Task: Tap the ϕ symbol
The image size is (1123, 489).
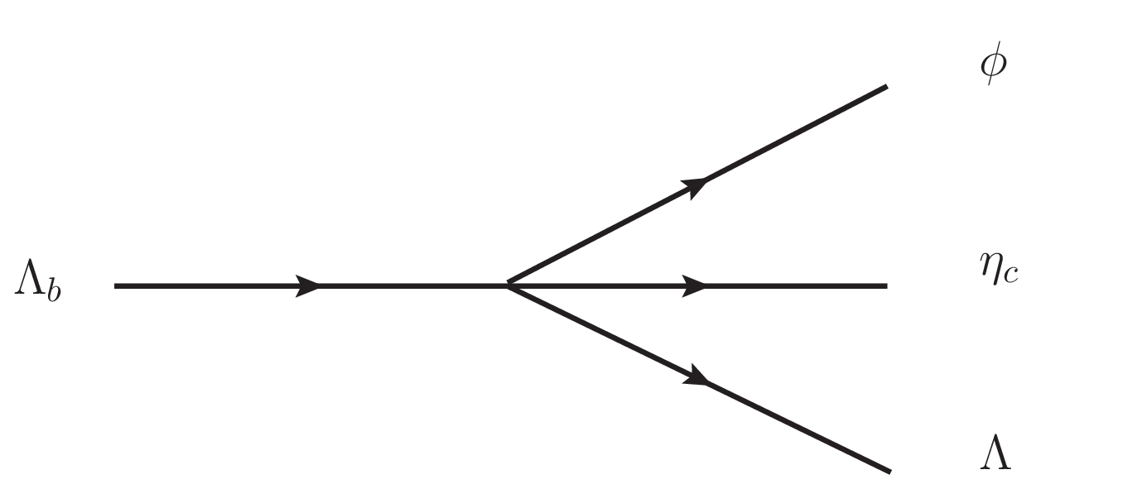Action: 993,63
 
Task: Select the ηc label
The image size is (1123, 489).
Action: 999,269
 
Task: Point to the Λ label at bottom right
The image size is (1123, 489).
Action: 995,452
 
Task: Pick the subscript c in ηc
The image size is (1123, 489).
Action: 1010,275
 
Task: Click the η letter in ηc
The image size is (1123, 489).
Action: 990,269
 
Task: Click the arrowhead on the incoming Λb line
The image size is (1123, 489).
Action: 307,286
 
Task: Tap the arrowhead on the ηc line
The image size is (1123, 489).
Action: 694,286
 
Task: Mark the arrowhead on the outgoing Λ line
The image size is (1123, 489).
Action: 696,376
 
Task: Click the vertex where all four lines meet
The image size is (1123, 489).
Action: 508,285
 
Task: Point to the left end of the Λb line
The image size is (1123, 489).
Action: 115,286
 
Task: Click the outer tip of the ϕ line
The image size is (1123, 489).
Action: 887,87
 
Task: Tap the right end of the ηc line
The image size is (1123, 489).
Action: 887,286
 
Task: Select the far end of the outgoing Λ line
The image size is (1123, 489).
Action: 890,472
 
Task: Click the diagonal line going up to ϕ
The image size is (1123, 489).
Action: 697,186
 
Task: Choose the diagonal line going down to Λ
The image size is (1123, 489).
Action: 699,378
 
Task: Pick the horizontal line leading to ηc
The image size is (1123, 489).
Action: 697,286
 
